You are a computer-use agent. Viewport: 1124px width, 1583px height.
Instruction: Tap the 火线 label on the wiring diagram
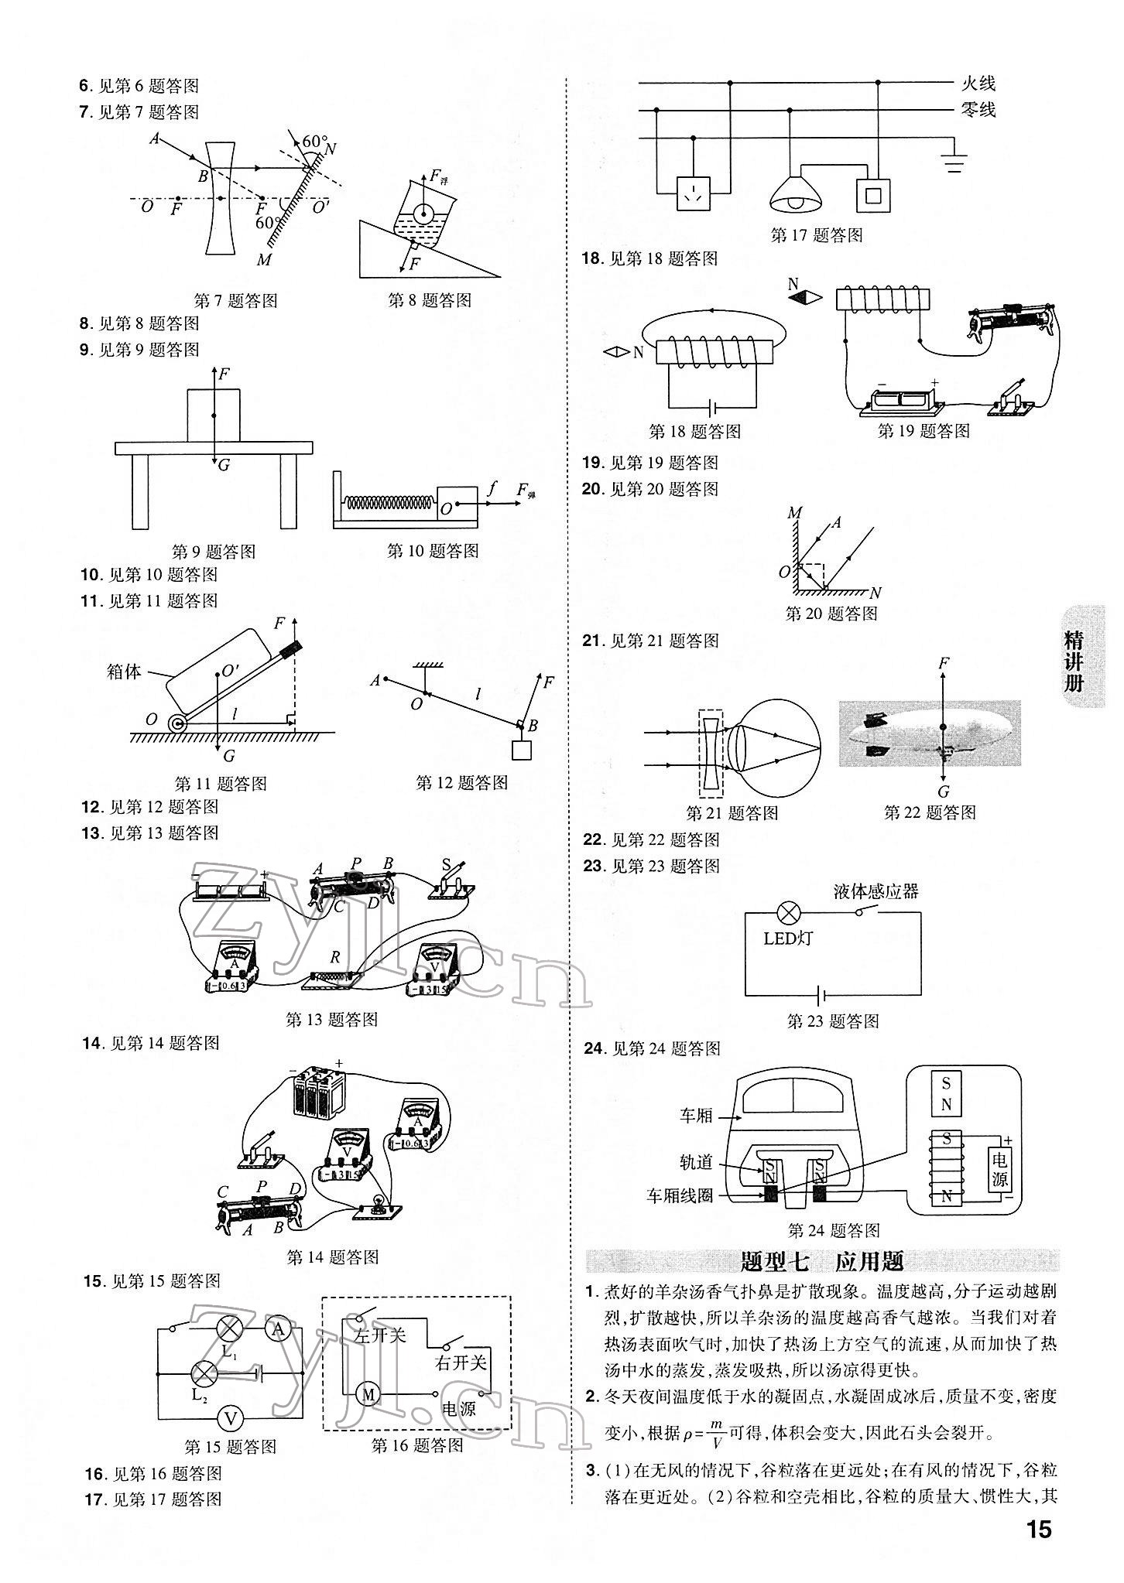pyautogui.click(x=978, y=84)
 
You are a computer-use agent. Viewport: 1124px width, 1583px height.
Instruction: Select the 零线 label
pyautogui.click(x=978, y=110)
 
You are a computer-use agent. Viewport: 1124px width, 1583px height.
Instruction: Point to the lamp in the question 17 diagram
pyautogui.click(x=795, y=198)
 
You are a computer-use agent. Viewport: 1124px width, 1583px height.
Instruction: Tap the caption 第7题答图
pyautogui.click(x=235, y=300)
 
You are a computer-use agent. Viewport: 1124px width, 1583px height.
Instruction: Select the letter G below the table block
pyautogui.click(x=224, y=465)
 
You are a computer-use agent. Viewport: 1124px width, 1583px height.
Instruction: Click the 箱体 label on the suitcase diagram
pyautogui.click(x=124, y=672)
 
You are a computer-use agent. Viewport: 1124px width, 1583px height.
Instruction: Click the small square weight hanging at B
pyautogui.click(x=523, y=750)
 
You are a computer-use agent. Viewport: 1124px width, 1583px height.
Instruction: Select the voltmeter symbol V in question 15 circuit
pyautogui.click(x=230, y=1417)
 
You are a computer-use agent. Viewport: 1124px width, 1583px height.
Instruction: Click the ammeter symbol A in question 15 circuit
pyautogui.click(x=277, y=1330)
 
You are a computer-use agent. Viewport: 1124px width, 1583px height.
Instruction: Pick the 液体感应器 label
pyautogui.click(x=876, y=891)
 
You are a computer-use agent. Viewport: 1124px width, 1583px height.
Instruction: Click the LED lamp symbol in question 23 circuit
pyautogui.click(x=789, y=913)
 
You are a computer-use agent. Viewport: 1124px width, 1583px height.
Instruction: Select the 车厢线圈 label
pyautogui.click(x=679, y=1217)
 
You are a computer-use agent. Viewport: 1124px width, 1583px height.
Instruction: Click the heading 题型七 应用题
pyautogui.click(x=822, y=1262)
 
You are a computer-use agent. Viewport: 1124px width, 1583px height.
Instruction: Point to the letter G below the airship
pyautogui.click(x=943, y=791)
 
